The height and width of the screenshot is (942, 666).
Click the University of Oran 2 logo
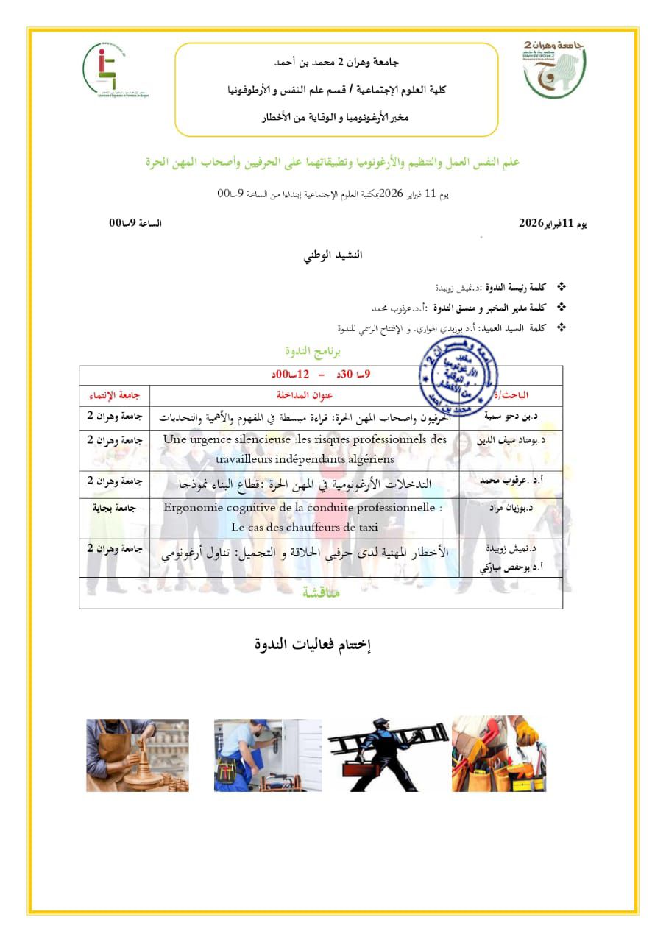tap(555, 70)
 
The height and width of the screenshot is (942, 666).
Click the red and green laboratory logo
tap(114, 71)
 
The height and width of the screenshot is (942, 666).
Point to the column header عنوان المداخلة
tap(305, 394)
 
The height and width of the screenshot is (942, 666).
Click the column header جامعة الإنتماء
tap(113, 394)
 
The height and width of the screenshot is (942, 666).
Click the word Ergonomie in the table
tap(193, 508)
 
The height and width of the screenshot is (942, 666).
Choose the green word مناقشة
tap(322, 592)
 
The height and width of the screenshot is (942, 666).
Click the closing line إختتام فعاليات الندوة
tap(313, 645)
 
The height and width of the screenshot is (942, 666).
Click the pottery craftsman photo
tap(138, 755)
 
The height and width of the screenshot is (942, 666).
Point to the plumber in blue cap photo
tap(267, 755)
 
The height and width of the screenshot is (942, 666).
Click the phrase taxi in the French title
tap(366, 527)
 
